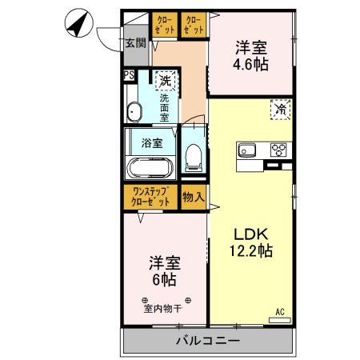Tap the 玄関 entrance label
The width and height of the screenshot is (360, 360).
tap(134, 43)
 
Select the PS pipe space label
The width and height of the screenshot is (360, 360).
tap(128, 76)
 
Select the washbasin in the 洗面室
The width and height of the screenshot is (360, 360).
tap(135, 110)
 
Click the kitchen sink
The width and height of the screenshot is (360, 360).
tap(246, 150)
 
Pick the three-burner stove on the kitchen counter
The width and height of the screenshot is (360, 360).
tap(279, 150)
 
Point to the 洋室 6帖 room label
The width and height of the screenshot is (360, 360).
tap(163, 271)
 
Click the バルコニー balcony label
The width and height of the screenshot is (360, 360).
tap(207, 341)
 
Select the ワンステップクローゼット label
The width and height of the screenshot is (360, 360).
tap(150, 196)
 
